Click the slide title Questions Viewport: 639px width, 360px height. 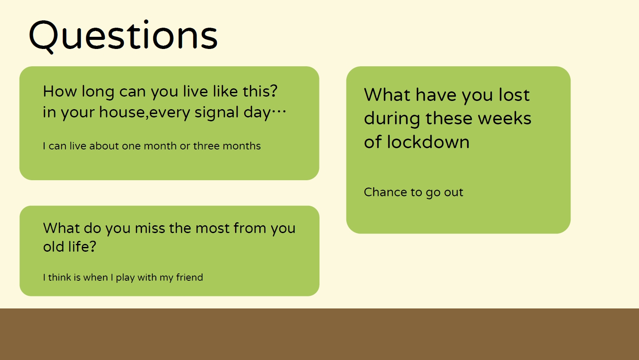pos(123,36)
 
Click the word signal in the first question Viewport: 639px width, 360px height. pos(217,113)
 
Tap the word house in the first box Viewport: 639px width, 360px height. pos(122,112)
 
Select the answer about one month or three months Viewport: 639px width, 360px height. pos(152,146)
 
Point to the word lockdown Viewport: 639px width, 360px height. pos(428,142)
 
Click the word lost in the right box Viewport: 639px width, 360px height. pos(514,95)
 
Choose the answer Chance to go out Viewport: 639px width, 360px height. pos(413,192)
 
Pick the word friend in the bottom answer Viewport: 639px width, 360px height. pos(190,277)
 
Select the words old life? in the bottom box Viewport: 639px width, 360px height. pos(70,246)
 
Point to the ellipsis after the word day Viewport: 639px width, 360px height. pos(279,111)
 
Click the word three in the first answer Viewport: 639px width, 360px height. pos(207,146)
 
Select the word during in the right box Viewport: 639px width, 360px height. pos(392,119)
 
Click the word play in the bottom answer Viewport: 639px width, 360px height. pos(125,278)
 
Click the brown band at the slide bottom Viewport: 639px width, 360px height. pos(319,334)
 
